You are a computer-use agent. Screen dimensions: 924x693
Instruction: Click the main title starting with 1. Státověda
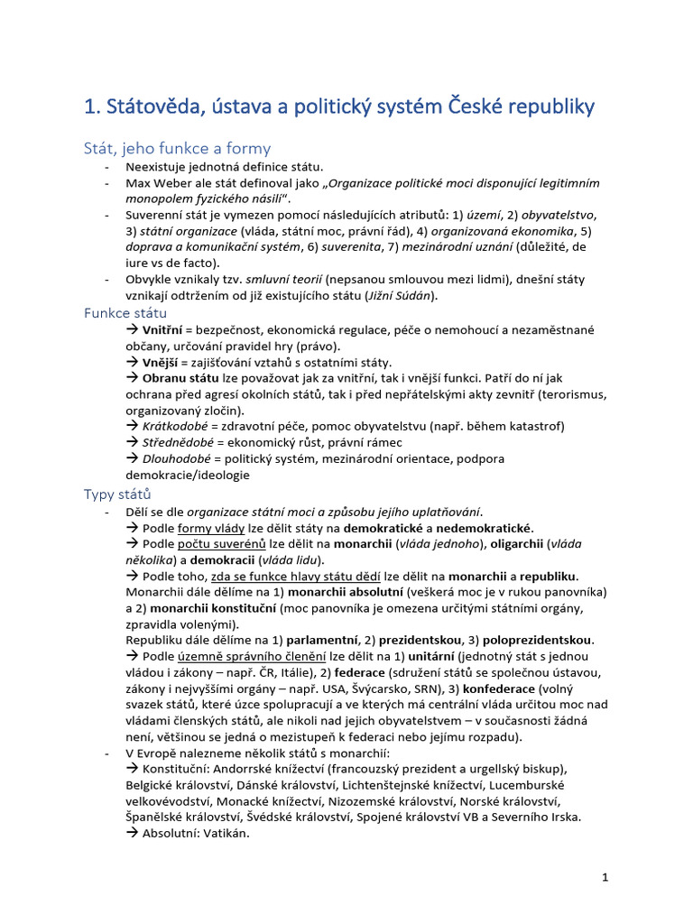[x=338, y=106]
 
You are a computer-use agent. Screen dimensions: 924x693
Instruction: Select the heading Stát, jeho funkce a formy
[x=177, y=148]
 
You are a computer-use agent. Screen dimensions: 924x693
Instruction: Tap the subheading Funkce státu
[x=125, y=313]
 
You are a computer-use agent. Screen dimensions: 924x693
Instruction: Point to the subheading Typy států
[x=117, y=494]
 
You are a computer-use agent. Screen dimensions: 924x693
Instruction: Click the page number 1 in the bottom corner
[x=606, y=876]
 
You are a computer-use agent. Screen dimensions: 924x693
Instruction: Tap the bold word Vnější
[x=162, y=363]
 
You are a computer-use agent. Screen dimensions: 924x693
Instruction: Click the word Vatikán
[x=222, y=834]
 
